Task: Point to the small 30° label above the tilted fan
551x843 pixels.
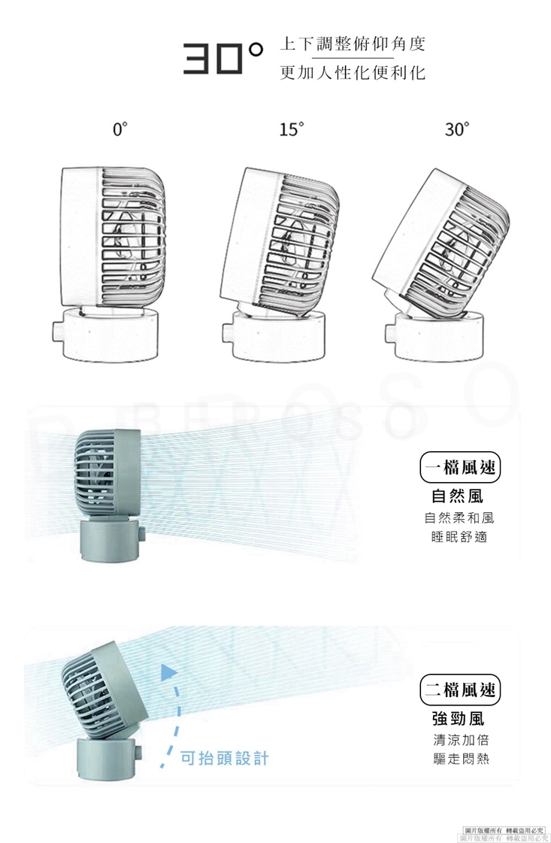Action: click(x=456, y=129)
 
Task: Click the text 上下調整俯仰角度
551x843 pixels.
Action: click(x=352, y=44)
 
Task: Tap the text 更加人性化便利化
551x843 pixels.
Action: click(x=352, y=72)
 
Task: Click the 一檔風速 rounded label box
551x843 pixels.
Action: click(x=459, y=469)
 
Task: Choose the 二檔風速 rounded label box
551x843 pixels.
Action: click(x=459, y=689)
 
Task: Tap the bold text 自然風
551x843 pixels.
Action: click(x=459, y=496)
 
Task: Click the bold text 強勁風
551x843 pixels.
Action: click(x=459, y=718)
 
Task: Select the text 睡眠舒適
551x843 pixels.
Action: click(x=459, y=537)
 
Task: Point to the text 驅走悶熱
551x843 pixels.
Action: click(x=459, y=758)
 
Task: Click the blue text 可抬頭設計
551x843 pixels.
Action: click(x=223, y=757)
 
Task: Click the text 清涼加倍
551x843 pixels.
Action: click(x=459, y=738)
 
